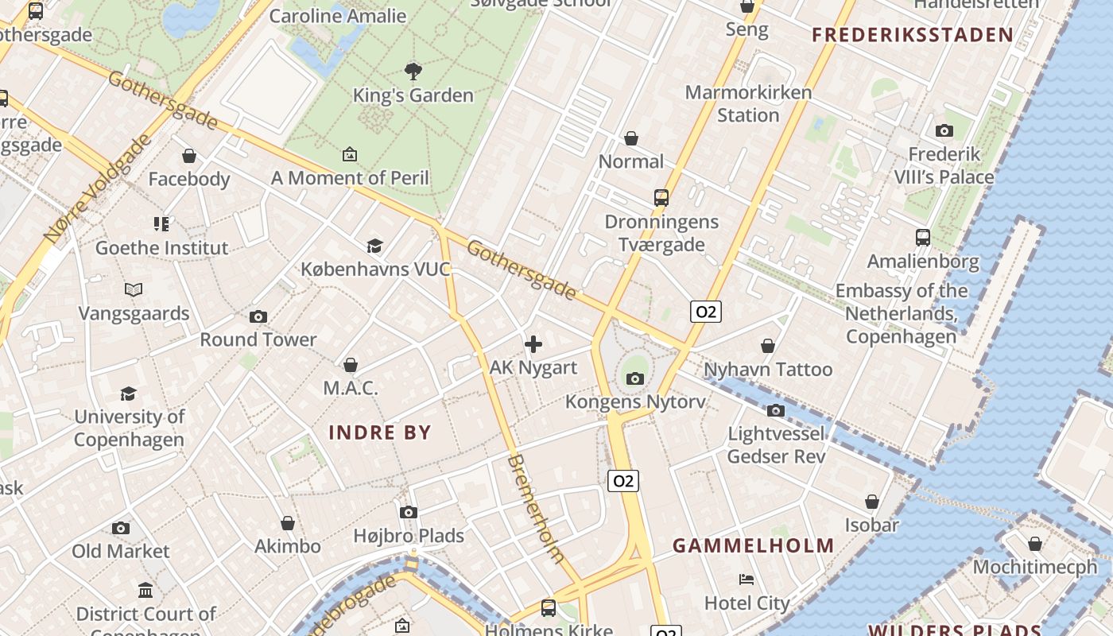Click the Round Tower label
coord(258,339)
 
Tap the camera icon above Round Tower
coord(258,317)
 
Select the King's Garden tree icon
coord(413,72)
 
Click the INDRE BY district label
coord(380,432)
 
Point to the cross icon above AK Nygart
coord(533,344)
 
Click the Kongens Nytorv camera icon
coord(634,378)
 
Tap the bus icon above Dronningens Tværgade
coord(661,198)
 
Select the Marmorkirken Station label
coord(748,103)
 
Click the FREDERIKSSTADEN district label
coord(913,35)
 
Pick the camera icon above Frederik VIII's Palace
coord(944,130)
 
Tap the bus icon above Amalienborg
coord(922,238)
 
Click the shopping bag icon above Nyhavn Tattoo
coord(768,346)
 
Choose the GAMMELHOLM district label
coord(753,545)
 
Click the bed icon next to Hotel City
coord(746,579)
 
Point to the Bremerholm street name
coord(536,509)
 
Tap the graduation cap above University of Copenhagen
coord(128,394)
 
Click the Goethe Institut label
coord(161,248)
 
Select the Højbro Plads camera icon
coord(408,513)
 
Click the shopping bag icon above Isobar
coord(871,502)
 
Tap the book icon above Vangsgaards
coord(134,290)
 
